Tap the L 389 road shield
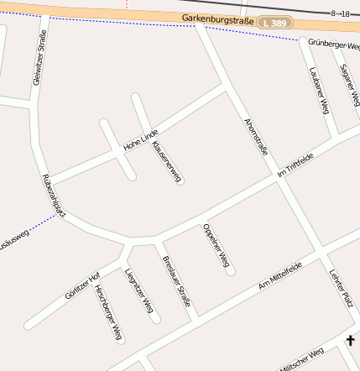[x=275, y=24]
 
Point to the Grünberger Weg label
[x=333, y=44]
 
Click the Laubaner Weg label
[x=317, y=90]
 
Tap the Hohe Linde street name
[x=140, y=140]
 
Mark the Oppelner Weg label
[x=215, y=248]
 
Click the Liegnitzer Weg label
[x=138, y=292]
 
